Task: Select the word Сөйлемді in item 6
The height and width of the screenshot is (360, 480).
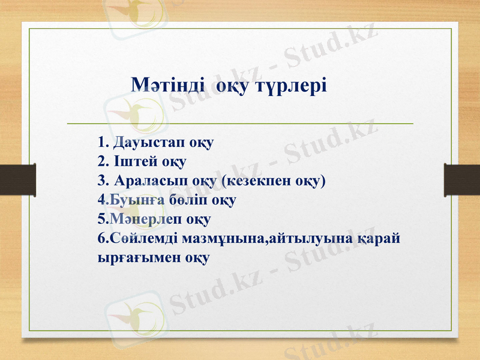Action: coord(135,237)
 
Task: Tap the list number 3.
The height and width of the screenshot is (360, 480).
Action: coord(101,180)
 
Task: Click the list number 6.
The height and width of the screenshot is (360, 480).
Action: coord(100,237)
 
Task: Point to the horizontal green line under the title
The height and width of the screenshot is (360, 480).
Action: coord(240,123)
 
